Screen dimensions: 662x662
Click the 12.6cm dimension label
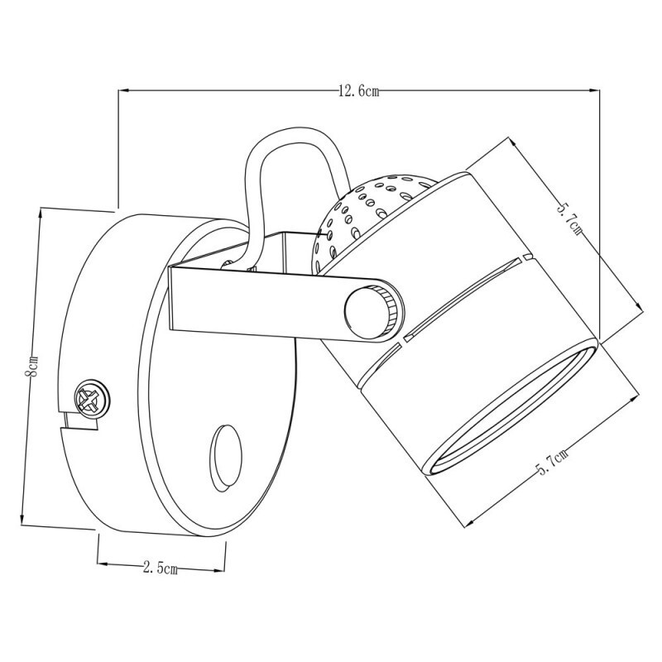[357, 92]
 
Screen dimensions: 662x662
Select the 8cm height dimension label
[31, 367]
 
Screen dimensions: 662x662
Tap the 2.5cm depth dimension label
[161, 568]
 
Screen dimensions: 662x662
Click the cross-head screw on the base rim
[91, 400]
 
